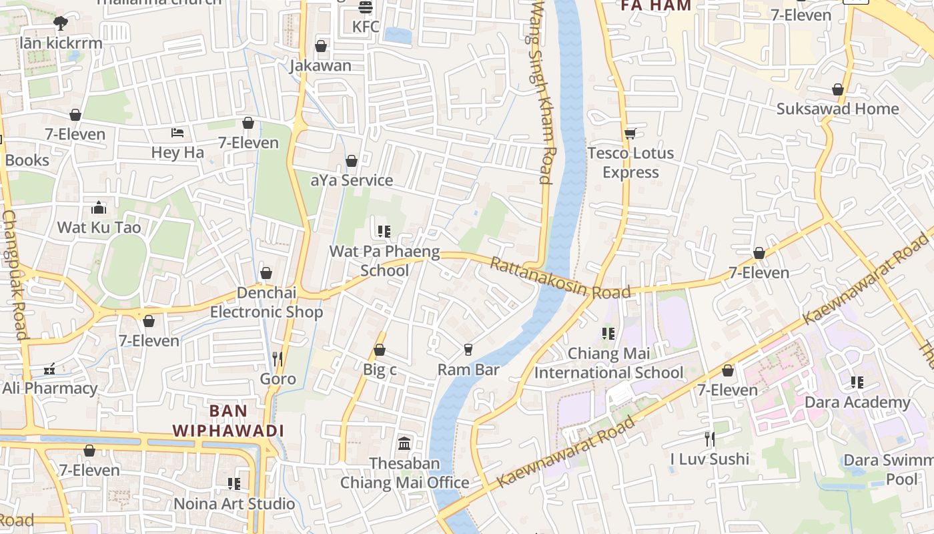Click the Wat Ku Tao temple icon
99,208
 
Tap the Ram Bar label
468,369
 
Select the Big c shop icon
380,349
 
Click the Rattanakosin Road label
560,278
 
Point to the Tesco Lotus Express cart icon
630,133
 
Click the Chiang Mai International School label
608,362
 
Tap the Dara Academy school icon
857,382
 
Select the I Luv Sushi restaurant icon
710,439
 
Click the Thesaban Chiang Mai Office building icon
404,443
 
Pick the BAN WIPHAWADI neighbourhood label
228,421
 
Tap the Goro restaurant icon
278,359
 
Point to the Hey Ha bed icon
177,132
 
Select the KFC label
366,27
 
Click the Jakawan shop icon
321,46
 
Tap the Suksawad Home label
837,109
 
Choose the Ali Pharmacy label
50,388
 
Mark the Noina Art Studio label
234,503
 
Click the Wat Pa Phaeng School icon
384,232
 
